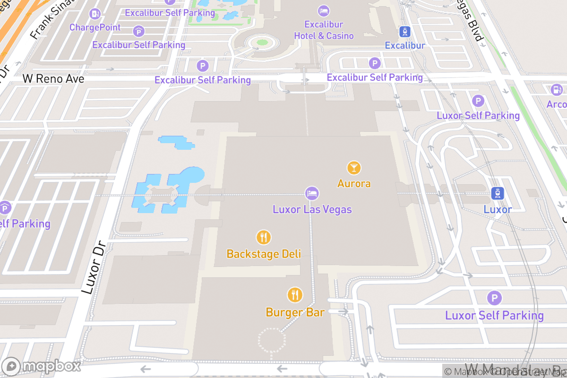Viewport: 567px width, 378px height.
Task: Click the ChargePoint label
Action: coord(95,27)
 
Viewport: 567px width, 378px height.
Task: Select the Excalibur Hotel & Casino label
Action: coord(324,30)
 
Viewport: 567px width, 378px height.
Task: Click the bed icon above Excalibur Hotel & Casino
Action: coord(324,11)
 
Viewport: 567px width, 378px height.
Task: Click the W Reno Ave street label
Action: coord(53,79)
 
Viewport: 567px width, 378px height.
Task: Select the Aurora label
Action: coord(354,183)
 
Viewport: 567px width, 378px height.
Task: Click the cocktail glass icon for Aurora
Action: coord(354,167)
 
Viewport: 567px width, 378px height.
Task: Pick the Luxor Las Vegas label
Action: coord(312,209)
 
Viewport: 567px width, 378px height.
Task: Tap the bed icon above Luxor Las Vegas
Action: coord(312,193)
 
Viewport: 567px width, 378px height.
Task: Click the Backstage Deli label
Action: coord(264,254)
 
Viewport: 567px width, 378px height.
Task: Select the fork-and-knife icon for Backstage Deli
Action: coord(264,237)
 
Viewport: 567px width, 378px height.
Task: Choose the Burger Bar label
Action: coord(295,312)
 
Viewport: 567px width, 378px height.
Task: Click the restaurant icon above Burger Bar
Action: coord(295,295)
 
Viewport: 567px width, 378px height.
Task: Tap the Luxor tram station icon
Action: coord(498,193)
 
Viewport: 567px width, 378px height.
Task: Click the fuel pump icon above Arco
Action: coord(557,89)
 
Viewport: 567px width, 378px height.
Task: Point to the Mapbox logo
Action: coord(42,366)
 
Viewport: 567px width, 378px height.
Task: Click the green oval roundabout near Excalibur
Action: coord(262,43)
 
